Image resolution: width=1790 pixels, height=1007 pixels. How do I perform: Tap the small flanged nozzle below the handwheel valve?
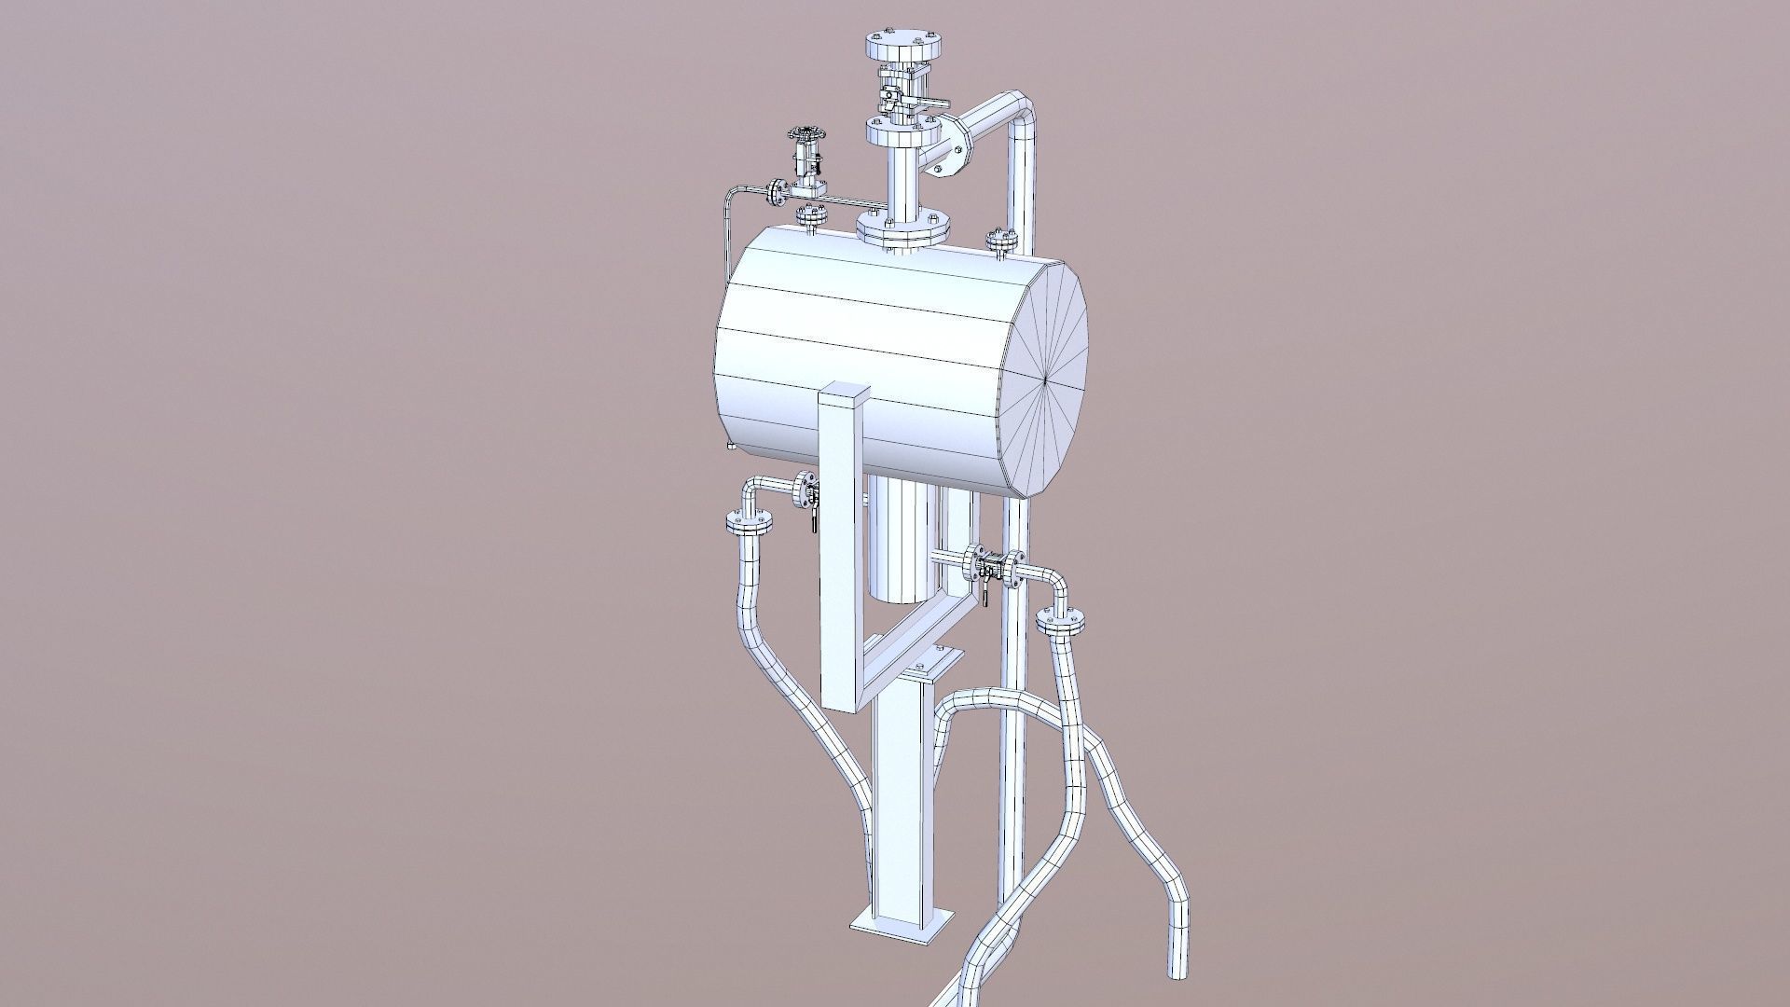coord(158,216)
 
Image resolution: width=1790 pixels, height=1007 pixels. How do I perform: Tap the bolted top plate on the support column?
coord(918,668)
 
